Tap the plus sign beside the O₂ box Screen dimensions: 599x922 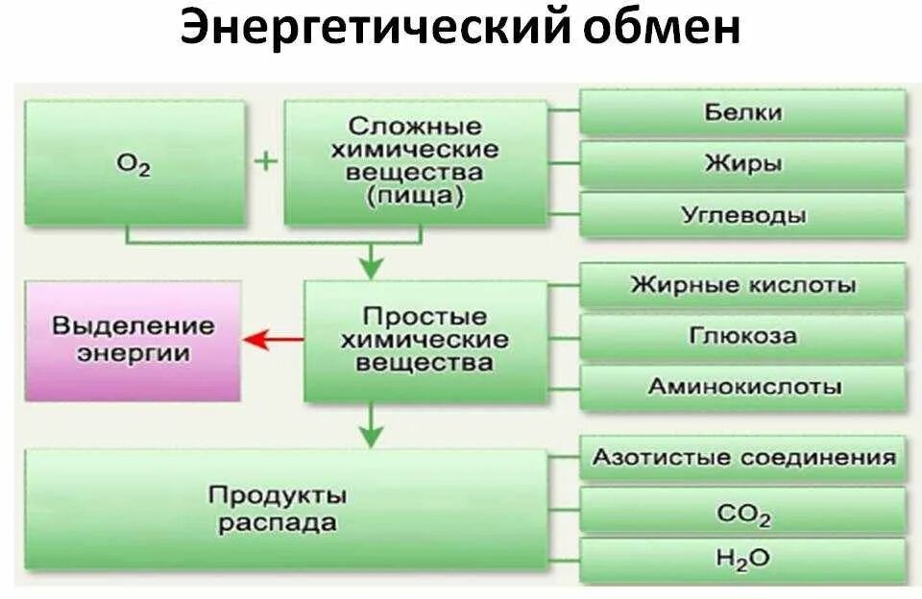coord(264,160)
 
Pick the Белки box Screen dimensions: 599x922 coord(742,112)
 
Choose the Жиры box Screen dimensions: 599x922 coord(742,163)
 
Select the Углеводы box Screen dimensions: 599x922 coord(742,215)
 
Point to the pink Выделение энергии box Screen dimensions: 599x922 coord(133,340)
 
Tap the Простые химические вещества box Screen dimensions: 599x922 coord(425,340)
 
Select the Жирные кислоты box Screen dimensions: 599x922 coord(742,285)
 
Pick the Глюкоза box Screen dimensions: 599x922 coord(742,337)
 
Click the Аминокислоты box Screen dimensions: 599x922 coord(742,387)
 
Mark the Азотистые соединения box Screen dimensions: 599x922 coord(742,457)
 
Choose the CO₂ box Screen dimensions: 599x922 coord(742,513)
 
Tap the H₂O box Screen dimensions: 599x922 coord(742,560)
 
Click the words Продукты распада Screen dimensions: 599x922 coord(277,509)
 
